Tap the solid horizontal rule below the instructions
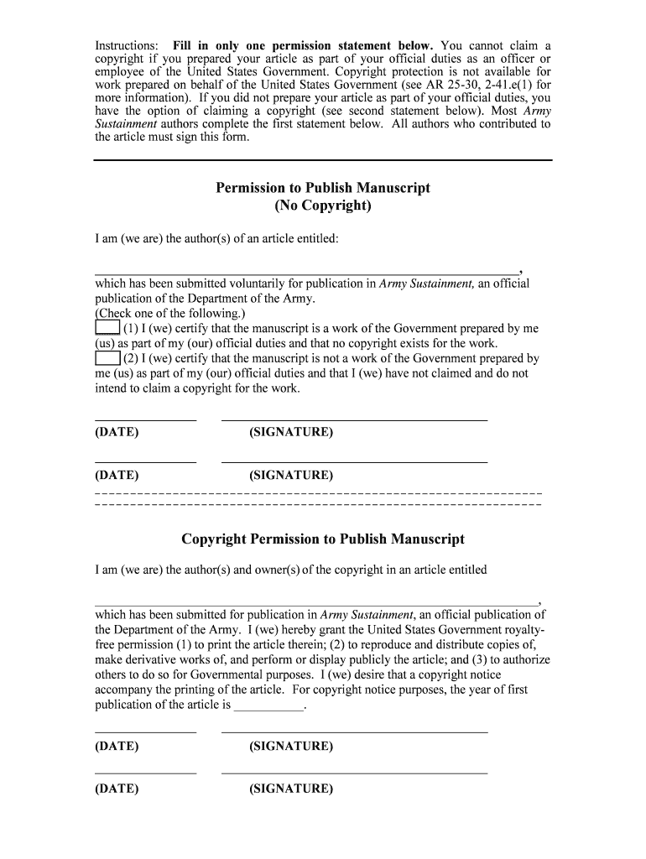323,159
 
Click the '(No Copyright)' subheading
323,206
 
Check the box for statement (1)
107,328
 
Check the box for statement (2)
107,358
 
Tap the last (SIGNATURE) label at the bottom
291,789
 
